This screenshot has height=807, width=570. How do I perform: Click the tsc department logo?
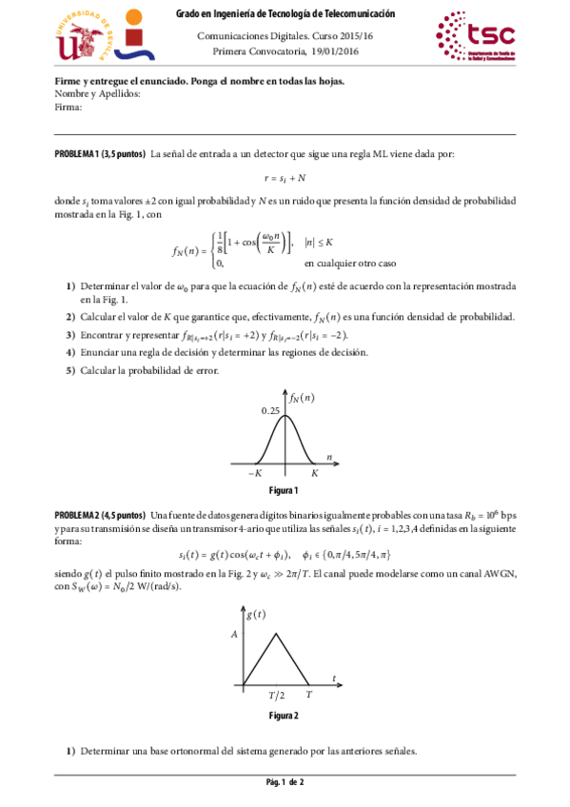click(x=474, y=35)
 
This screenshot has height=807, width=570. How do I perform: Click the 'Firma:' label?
click(x=69, y=108)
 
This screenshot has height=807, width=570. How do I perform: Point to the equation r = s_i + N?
click(x=285, y=178)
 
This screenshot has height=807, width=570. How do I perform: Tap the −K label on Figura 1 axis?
click(x=255, y=473)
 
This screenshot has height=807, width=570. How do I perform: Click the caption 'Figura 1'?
click(x=285, y=491)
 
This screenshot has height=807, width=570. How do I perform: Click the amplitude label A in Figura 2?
click(x=233, y=633)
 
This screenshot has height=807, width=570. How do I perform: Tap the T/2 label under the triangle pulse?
click(x=276, y=696)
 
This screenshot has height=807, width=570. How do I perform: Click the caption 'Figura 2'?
click(x=285, y=715)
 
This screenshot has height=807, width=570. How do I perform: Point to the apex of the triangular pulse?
click(x=276, y=633)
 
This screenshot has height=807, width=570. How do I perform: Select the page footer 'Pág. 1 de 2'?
click(x=285, y=783)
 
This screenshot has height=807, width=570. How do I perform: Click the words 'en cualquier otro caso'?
click(x=350, y=263)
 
